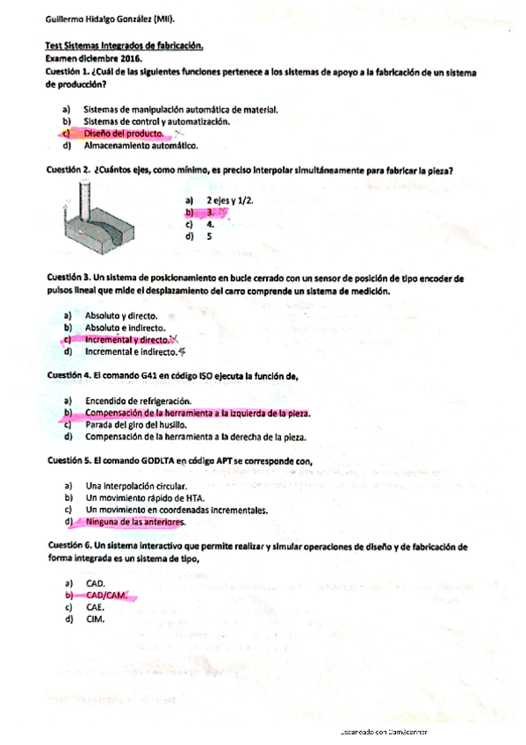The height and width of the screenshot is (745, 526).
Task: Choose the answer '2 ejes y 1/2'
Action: pyautogui.click(x=230, y=200)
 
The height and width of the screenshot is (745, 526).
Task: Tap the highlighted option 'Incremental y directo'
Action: pyautogui.click(x=126, y=339)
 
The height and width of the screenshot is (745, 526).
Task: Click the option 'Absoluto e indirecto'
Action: pyautogui.click(x=126, y=327)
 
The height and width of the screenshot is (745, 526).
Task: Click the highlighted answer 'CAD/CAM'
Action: pyautogui.click(x=107, y=596)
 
